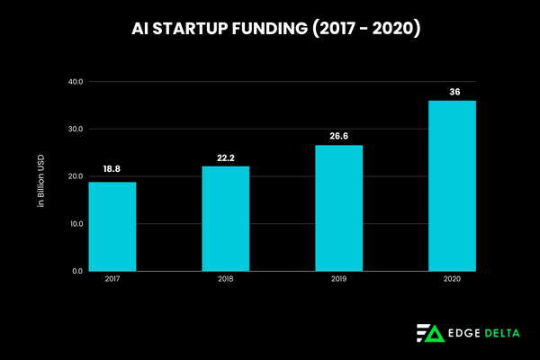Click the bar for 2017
point(112,226)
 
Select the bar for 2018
point(225,218)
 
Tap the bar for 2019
point(338,208)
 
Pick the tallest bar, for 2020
point(452,185)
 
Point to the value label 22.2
point(225,157)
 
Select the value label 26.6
point(338,137)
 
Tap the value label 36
point(452,92)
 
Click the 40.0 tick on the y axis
point(75,82)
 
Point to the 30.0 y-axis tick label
point(75,129)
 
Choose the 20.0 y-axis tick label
point(75,176)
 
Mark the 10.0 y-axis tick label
point(75,223)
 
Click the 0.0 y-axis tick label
point(76,271)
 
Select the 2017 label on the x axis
point(112,280)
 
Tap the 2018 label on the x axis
point(225,280)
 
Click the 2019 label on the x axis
point(338,280)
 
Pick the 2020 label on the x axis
point(452,280)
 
